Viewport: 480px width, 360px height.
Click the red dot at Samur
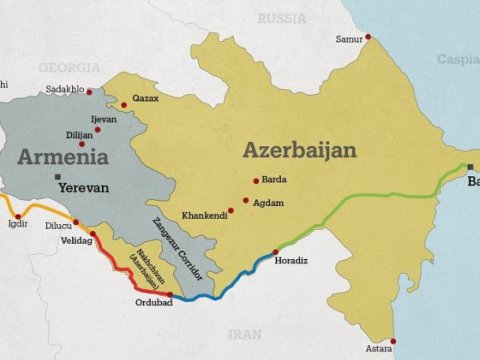368,37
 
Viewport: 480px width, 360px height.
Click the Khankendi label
204,215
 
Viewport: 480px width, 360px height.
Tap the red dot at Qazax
124,104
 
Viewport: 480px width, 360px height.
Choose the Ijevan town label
104,119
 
